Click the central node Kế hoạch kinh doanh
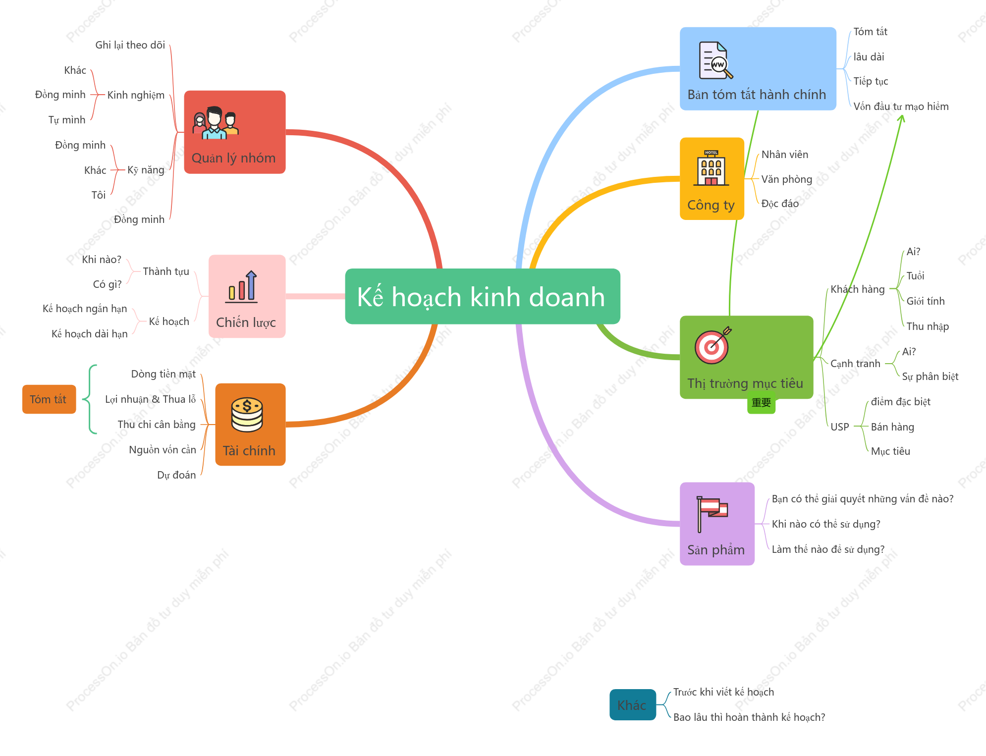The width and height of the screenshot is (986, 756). point(482,296)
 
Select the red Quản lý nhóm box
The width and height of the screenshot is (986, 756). point(235,132)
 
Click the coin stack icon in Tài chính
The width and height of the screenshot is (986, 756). point(247,415)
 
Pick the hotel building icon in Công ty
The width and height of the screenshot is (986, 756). point(711,167)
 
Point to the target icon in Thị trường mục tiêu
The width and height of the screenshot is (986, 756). point(712,345)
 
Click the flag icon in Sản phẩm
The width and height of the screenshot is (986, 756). point(712,514)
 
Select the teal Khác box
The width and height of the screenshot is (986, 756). point(633,704)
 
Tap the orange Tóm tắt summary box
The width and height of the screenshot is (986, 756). point(49,399)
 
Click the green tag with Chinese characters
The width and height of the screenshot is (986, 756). point(761,403)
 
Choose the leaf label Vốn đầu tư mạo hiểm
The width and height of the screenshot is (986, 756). point(901,107)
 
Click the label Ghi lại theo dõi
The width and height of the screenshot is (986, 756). point(130,45)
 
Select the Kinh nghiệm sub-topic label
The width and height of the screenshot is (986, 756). point(136,95)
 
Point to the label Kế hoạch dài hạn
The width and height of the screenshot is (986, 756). point(90,334)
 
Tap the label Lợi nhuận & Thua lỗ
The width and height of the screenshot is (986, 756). point(151,399)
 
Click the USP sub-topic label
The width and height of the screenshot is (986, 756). point(840,427)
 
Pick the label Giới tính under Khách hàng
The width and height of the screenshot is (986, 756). point(926,301)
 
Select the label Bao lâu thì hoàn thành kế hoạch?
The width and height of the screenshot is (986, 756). point(749,717)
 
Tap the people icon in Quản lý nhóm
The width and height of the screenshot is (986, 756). point(216,123)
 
